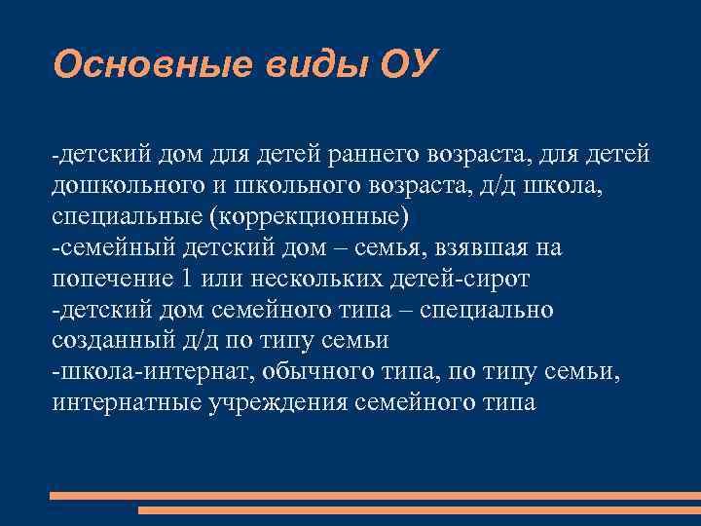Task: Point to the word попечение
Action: pyautogui.click(x=109, y=279)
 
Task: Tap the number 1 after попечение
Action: pyautogui.click(x=188, y=279)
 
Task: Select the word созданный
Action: pyautogui.click(x=112, y=341)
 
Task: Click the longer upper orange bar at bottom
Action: pyautogui.click(x=375, y=496)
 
